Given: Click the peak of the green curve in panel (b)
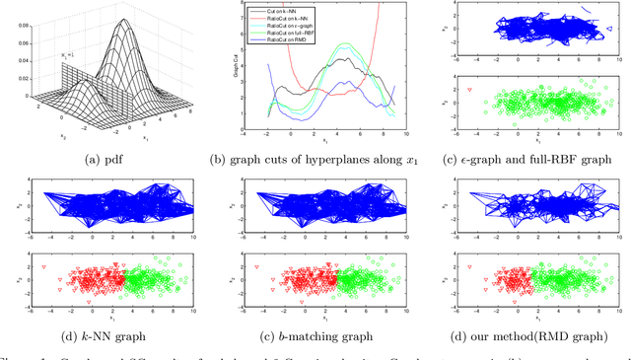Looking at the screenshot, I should coord(344,43).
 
